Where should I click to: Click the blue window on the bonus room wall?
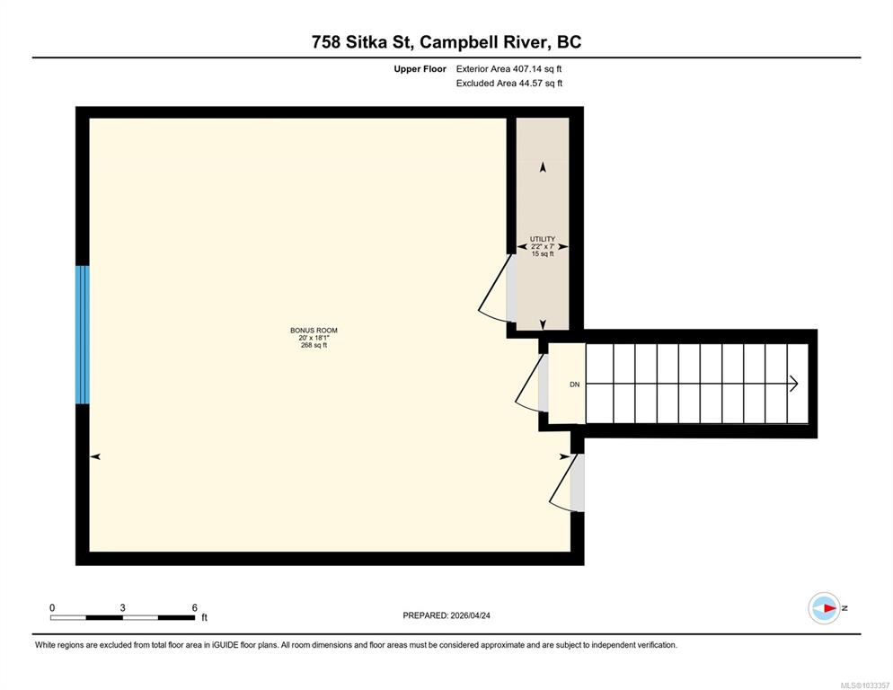click(x=83, y=335)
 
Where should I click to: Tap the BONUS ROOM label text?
click(x=314, y=331)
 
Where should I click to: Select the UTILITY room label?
click(x=543, y=239)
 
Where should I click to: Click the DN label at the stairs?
click(x=575, y=385)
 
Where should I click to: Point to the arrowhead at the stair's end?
click(x=793, y=384)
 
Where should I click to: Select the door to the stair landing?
click(x=530, y=383)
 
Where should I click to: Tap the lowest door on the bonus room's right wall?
click(x=565, y=482)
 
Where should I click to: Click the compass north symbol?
click(x=824, y=608)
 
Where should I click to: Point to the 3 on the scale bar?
click(x=122, y=607)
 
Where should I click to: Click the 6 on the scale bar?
click(x=195, y=607)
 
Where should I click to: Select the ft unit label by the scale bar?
click(x=204, y=617)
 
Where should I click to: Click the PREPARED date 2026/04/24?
click(x=470, y=615)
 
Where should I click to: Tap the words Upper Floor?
click(x=420, y=69)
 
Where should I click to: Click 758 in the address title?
click(x=326, y=42)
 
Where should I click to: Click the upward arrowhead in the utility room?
click(x=543, y=167)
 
